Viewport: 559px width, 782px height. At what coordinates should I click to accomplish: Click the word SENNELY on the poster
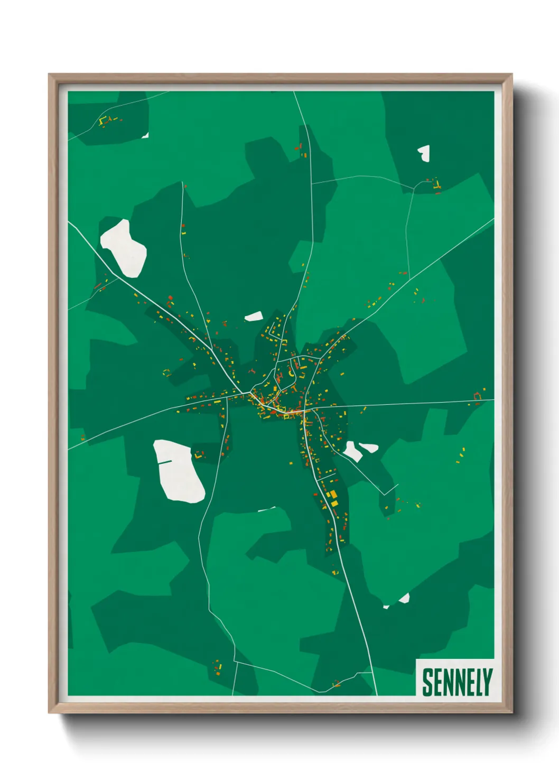click(x=457, y=682)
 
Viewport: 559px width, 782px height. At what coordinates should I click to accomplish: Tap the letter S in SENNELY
click(x=427, y=682)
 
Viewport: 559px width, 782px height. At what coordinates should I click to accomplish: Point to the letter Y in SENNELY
click(x=487, y=682)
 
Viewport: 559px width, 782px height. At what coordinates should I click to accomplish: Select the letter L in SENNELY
click(x=476, y=682)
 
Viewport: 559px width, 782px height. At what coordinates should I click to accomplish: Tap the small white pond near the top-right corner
click(x=424, y=153)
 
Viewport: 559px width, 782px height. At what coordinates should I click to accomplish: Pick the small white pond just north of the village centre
click(x=254, y=316)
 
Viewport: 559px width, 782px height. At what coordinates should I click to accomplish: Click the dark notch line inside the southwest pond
click(x=164, y=462)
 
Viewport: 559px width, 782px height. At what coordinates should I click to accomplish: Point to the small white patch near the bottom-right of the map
click(x=404, y=598)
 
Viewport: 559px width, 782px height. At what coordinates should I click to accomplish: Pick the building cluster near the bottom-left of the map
click(x=218, y=668)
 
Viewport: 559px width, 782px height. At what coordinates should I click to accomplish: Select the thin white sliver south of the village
click(x=267, y=509)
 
